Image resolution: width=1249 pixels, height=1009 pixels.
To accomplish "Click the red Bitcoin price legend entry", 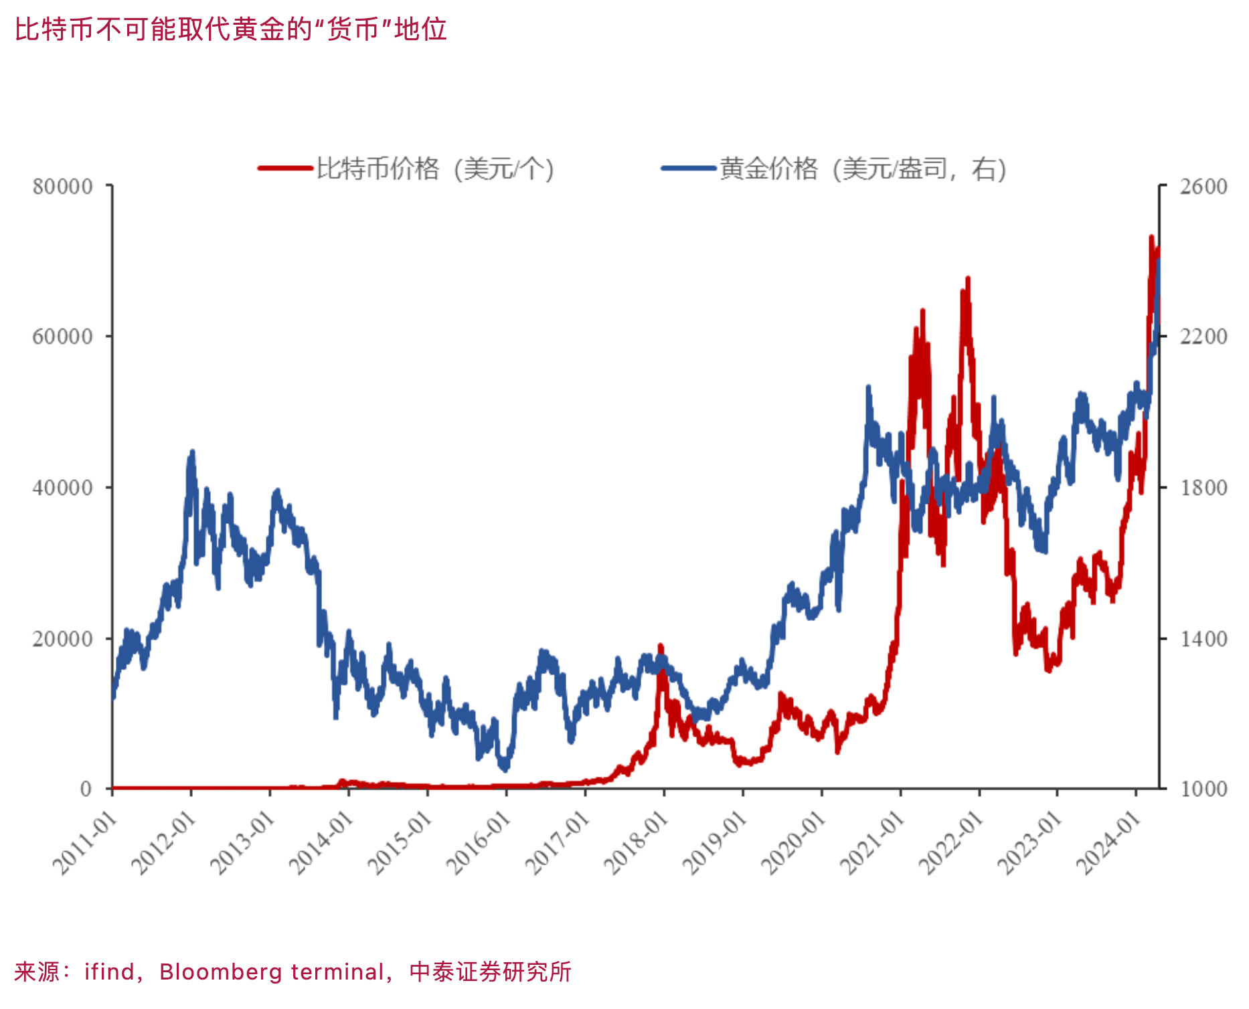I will pyautogui.click(x=406, y=169).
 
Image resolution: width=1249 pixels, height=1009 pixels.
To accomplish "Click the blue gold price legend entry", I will pyautogui.click(x=834, y=169).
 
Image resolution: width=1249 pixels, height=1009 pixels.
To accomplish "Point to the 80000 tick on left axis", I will pyautogui.click(x=63, y=187).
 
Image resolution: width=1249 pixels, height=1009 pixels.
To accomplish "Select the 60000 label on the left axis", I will pyautogui.click(x=63, y=337).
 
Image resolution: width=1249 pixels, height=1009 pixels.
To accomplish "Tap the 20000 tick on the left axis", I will pyautogui.click(x=63, y=639).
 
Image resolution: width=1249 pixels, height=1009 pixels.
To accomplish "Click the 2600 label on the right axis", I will pyautogui.click(x=1203, y=187).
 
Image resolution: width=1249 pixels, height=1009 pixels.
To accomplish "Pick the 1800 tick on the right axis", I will pyautogui.click(x=1203, y=488).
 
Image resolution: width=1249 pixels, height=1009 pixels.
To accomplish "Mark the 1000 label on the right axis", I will pyautogui.click(x=1203, y=790).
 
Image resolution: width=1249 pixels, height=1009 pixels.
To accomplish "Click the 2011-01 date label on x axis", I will pyautogui.click(x=85, y=842).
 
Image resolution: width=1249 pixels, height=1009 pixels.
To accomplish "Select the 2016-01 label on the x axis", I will pyautogui.click(x=479, y=842).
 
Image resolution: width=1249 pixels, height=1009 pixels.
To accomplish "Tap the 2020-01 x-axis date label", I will pyautogui.click(x=795, y=842).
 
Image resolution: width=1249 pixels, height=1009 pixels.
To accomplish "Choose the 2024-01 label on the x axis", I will pyautogui.click(x=1109, y=842).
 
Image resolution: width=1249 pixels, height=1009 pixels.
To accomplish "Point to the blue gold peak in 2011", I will pyautogui.click(x=192, y=453).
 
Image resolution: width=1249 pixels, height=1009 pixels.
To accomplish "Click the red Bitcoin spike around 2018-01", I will pyautogui.click(x=661, y=646).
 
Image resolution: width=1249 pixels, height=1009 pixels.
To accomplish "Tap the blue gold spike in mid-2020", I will pyautogui.click(x=868, y=388).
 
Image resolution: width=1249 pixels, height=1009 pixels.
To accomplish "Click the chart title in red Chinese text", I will pyautogui.click(x=231, y=29).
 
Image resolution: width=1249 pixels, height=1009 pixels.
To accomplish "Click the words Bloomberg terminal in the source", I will pyautogui.click(x=272, y=972).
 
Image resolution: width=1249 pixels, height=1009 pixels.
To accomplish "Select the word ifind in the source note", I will pyautogui.click(x=109, y=972).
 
